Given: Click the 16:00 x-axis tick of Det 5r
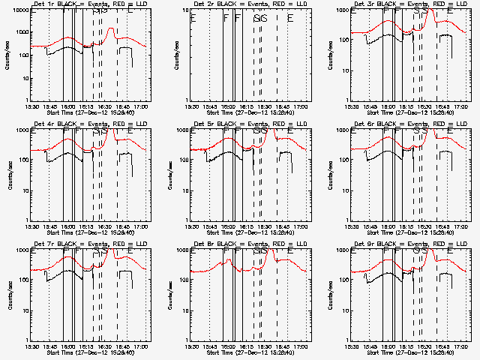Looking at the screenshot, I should click(228, 226).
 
